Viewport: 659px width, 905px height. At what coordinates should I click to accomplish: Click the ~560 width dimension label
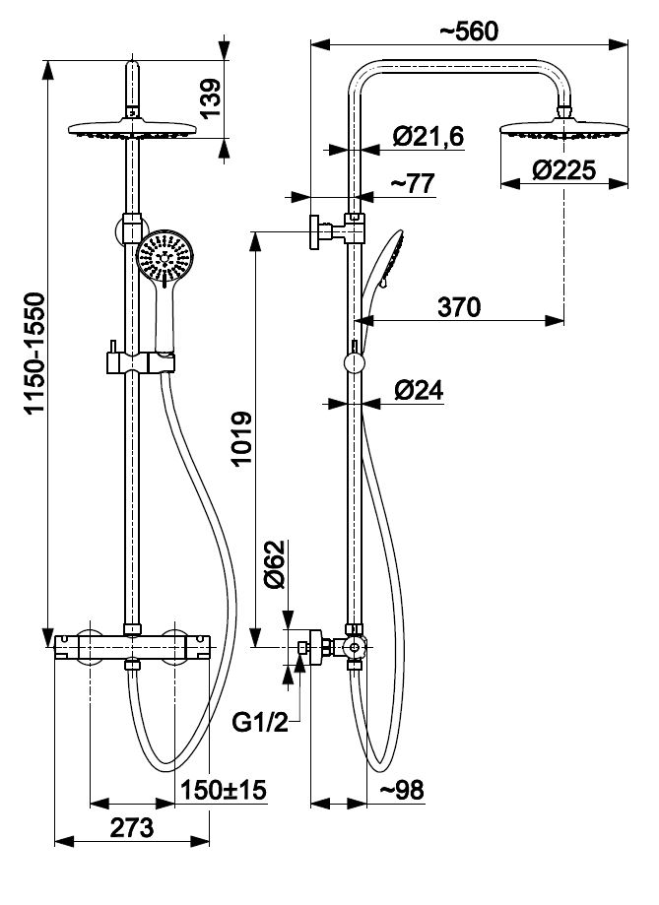[469, 30]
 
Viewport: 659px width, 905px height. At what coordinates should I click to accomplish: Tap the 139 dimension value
[209, 97]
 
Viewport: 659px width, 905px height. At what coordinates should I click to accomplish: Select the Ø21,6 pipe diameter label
[428, 139]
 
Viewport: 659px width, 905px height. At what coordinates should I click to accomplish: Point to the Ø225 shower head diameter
[563, 170]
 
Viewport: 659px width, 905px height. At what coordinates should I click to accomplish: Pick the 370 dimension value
[460, 306]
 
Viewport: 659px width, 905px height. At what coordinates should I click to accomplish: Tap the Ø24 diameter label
[419, 390]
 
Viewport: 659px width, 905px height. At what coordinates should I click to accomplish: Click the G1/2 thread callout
[260, 725]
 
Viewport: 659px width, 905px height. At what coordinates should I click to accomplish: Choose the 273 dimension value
[131, 827]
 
